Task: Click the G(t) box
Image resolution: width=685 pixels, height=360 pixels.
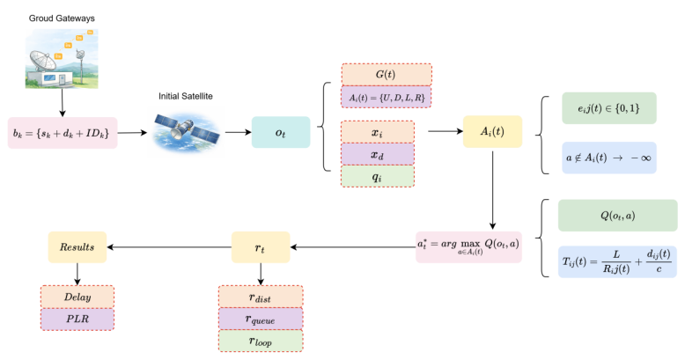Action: pos(387,74)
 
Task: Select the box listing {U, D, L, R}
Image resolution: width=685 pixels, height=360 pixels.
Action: pos(387,96)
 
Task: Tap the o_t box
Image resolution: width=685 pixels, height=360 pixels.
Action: pos(281,132)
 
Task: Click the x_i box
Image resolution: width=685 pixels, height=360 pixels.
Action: pos(377,132)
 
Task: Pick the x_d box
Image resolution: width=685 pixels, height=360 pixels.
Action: pos(377,154)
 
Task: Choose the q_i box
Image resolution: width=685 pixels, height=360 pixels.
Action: pos(377,176)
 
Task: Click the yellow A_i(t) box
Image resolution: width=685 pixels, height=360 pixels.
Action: pos(492,132)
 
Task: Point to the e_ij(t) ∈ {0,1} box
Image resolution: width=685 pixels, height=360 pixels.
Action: pos(609,108)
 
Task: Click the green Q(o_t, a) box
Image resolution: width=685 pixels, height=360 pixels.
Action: pos(616,216)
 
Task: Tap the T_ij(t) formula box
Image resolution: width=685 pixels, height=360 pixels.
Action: pos(616,261)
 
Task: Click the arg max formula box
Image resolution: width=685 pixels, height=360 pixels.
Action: pos(468,247)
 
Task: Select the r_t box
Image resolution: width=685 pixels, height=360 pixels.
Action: pos(260,248)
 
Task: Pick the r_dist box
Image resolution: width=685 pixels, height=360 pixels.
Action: pos(260,296)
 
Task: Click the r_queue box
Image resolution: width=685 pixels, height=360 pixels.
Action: pos(260,318)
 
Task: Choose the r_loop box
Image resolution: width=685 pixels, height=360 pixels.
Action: pos(260,341)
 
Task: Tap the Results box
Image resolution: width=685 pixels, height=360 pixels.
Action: pos(77,248)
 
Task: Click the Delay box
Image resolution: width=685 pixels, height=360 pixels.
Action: pos(77,297)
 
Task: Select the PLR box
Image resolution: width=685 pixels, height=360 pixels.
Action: pos(77,319)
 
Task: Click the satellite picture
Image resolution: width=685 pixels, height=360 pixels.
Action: pos(186,130)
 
